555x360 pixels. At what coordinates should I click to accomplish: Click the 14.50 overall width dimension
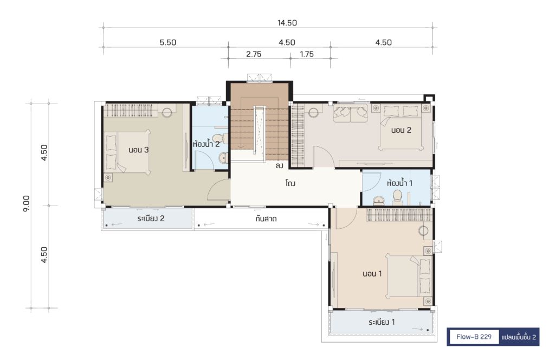[287, 23]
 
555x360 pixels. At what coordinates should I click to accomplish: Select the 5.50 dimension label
[168, 42]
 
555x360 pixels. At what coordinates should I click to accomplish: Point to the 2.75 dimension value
[254, 54]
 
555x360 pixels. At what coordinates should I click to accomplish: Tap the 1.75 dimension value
[307, 54]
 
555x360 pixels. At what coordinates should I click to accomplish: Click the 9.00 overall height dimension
[27, 203]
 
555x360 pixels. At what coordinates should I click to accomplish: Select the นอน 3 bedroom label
[138, 150]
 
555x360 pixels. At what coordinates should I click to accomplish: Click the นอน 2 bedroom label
[401, 130]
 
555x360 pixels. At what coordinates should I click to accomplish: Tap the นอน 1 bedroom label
[372, 273]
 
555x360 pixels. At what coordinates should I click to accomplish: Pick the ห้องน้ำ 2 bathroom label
[206, 144]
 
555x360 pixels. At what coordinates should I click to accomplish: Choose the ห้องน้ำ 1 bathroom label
[399, 183]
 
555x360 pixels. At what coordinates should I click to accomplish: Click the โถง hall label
[290, 183]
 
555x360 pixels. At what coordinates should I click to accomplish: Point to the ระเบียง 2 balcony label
[151, 218]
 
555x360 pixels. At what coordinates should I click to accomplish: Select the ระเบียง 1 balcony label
[382, 322]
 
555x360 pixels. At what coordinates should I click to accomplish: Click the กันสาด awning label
[266, 218]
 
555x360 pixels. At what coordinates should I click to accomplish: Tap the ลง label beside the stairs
[279, 165]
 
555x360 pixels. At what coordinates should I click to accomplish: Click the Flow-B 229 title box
[474, 337]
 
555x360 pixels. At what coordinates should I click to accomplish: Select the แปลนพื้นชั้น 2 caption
[519, 337]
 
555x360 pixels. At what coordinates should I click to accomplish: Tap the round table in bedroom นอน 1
[423, 231]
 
